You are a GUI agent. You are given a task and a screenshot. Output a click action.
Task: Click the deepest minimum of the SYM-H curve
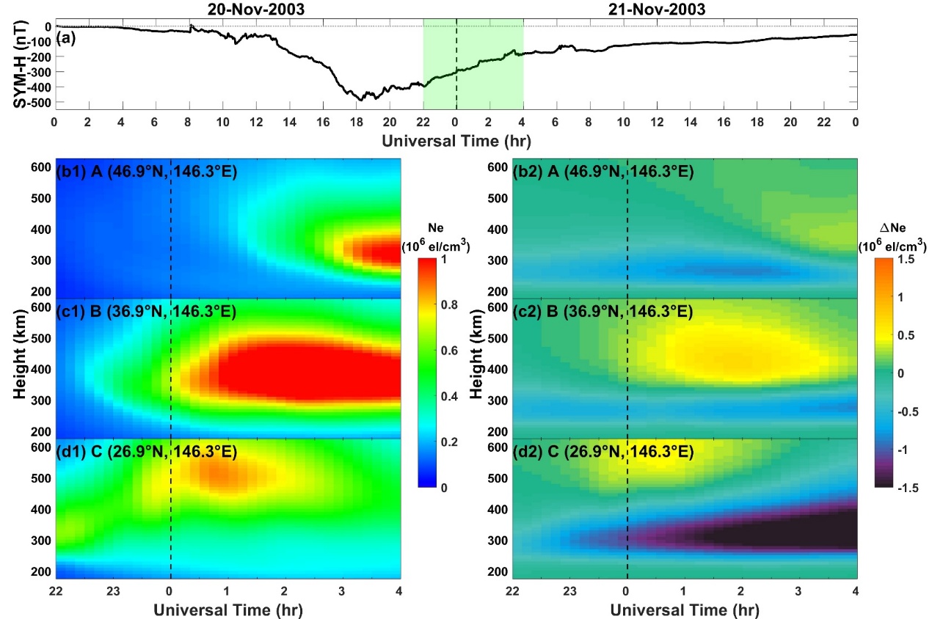click(361, 99)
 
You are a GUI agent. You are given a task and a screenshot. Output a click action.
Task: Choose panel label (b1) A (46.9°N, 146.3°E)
click(146, 173)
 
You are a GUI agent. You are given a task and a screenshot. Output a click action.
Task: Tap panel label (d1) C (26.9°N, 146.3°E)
click(146, 452)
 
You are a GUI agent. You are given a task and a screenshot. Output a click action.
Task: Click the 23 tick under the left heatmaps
click(113, 590)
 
